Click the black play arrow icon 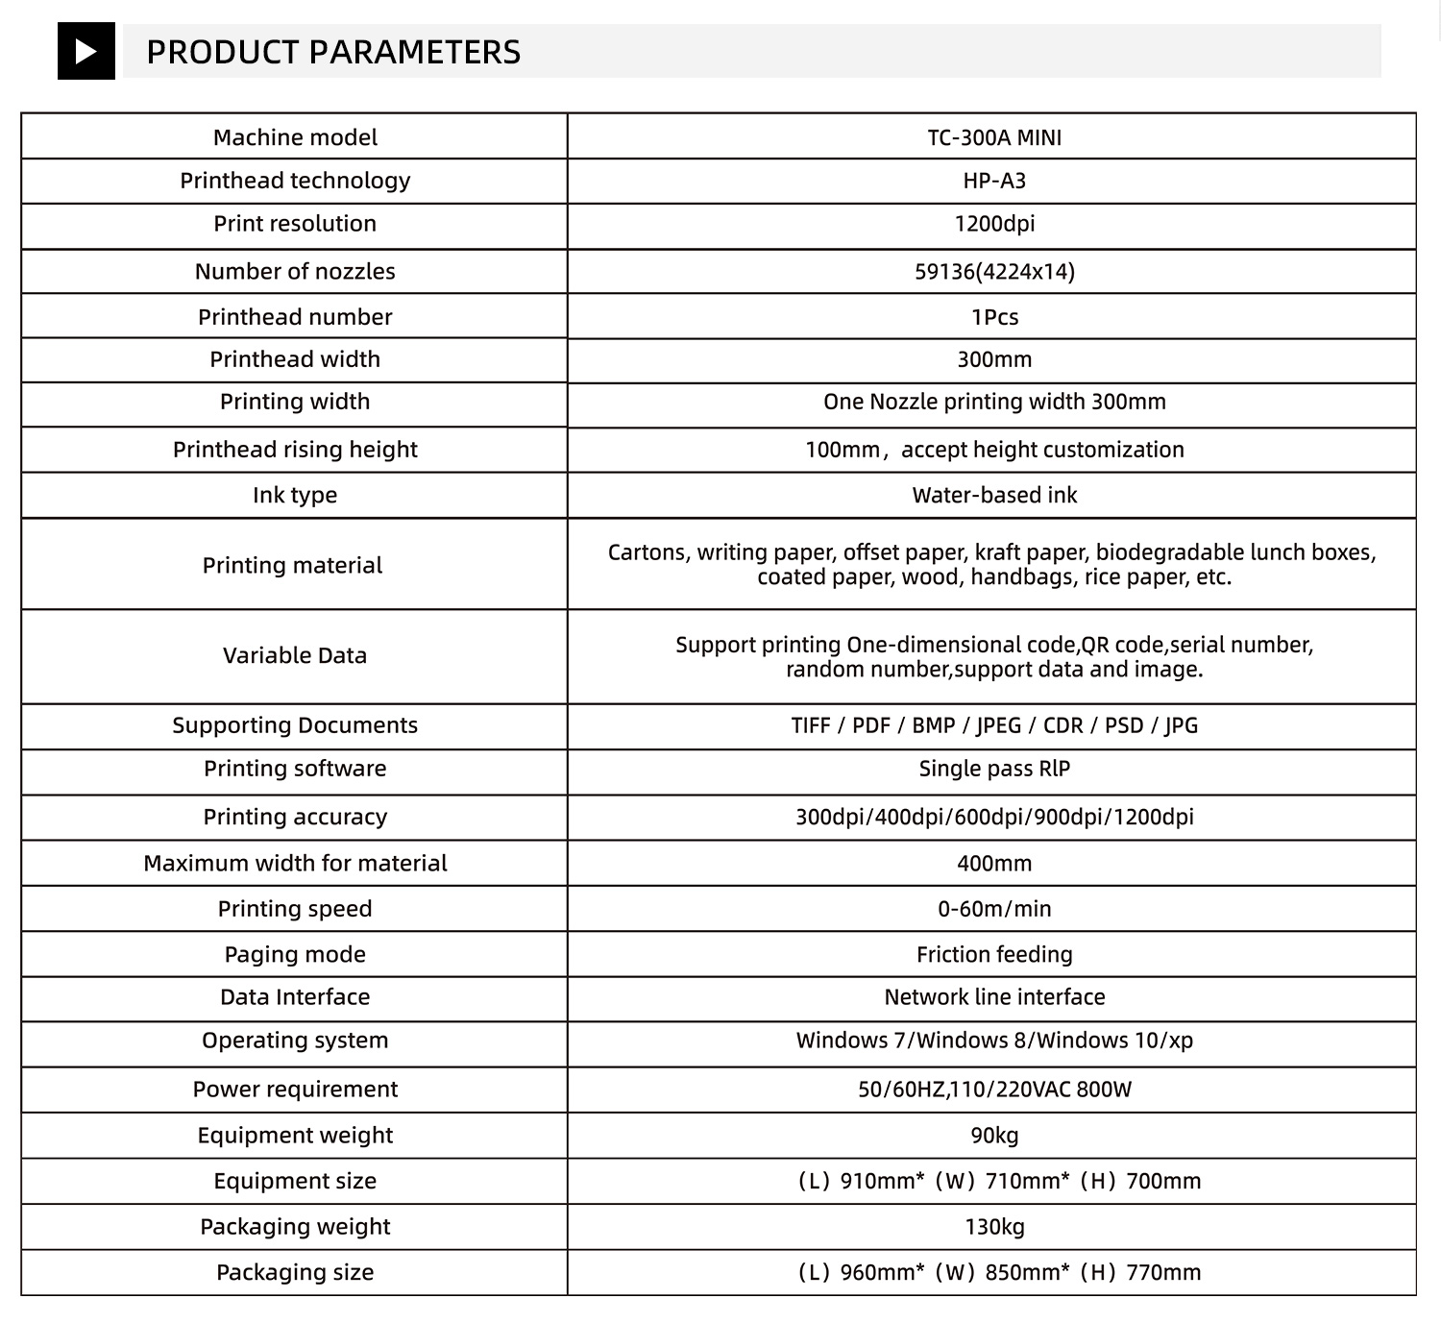(85, 51)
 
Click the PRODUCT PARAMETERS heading (332, 52)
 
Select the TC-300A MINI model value (994, 137)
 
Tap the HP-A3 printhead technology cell (994, 181)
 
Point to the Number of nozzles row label (295, 271)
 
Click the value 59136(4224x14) (994, 271)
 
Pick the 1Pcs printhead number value (994, 317)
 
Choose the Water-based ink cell (994, 495)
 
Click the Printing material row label (292, 565)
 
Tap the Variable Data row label (295, 655)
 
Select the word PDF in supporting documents (871, 725)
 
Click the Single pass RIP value (994, 769)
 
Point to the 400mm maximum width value (994, 863)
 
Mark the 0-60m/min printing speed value (994, 909)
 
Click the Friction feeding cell (994, 954)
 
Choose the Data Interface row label (295, 996)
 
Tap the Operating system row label (295, 1041)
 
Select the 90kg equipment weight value (994, 1135)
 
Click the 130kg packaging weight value (994, 1227)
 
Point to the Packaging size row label (295, 1272)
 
